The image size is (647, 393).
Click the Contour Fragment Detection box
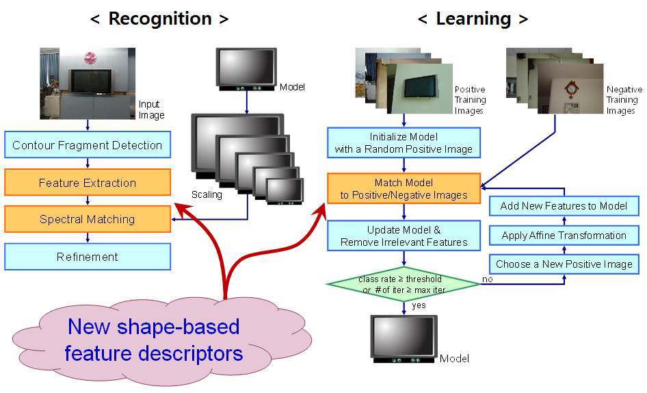(x=87, y=145)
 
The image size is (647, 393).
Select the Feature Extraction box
(x=87, y=183)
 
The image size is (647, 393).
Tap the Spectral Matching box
(x=87, y=220)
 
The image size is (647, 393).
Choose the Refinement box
(x=87, y=257)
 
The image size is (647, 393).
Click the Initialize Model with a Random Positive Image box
(x=404, y=143)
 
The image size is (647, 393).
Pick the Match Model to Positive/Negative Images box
(x=404, y=189)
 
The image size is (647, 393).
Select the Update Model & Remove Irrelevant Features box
(x=404, y=236)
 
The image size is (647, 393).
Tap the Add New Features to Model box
(x=564, y=206)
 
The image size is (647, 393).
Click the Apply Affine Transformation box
(x=564, y=236)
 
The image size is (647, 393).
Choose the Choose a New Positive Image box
(x=564, y=264)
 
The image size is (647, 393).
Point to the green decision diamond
(x=404, y=284)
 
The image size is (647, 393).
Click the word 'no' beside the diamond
(x=488, y=279)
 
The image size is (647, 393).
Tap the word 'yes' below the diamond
(x=419, y=306)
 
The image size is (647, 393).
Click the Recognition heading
(x=159, y=18)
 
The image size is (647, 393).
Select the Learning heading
(x=473, y=18)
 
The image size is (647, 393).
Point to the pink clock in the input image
(x=90, y=59)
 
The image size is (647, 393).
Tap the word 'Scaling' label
(x=207, y=194)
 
